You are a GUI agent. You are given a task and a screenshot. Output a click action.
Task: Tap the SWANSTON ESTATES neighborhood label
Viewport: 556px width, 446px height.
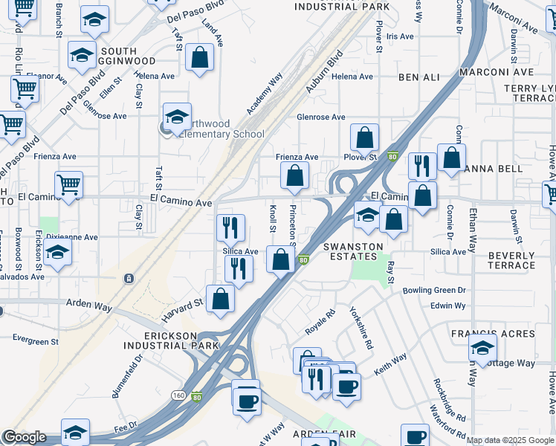point(353,251)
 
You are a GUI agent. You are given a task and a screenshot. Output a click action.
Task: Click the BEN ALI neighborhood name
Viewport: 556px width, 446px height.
point(419,77)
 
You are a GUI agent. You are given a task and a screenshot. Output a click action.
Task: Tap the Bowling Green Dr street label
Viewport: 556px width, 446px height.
point(434,290)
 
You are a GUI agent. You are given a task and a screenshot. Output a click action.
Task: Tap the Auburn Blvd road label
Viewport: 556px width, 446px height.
point(323,72)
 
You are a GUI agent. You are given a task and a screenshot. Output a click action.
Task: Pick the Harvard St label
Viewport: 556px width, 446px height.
point(183,310)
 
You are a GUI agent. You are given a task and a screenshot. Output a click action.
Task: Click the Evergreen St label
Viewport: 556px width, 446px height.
point(35,341)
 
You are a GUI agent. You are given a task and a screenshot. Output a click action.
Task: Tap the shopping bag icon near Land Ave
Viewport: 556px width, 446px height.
point(199,58)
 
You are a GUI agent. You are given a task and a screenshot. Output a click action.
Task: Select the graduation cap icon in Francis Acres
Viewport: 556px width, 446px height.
point(482,347)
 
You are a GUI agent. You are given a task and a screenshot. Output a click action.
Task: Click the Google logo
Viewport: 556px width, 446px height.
point(24,437)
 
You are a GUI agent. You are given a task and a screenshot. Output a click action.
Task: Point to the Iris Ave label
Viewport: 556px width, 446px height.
point(399,36)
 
